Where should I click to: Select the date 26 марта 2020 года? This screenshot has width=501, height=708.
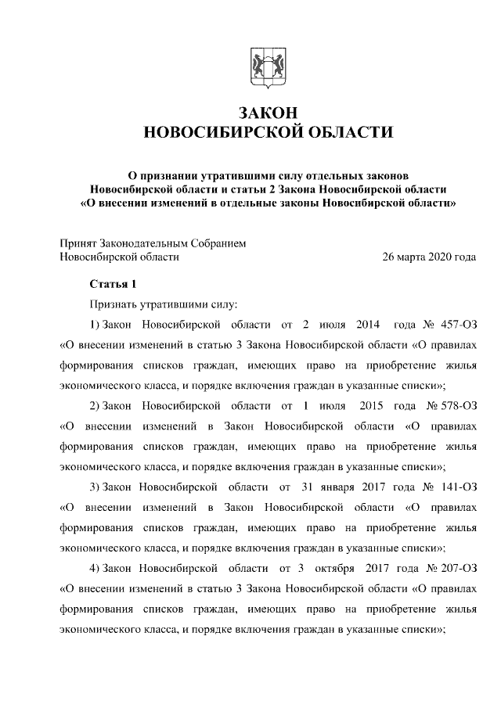pos(428,256)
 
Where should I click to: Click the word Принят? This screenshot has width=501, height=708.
pos(78,243)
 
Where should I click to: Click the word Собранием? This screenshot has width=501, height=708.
pos(218,243)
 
